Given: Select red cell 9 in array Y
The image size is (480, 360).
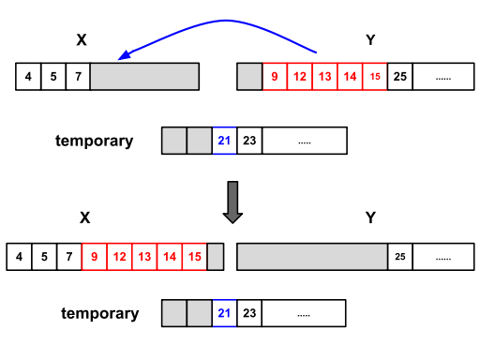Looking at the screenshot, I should (x=275, y=76).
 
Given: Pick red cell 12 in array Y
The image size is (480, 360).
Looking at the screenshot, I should (x=299, y=76).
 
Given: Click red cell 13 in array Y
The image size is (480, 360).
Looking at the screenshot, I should (x=324, y=76).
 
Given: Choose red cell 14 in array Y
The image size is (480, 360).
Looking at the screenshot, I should (x=350, y=76).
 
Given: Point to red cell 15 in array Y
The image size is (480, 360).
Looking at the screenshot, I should (x=375, y=76).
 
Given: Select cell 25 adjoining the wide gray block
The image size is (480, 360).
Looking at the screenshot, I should (x=400, y=257).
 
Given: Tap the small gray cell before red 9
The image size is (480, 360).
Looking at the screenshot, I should (x=249, y=76).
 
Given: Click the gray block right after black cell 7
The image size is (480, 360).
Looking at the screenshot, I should (x=144, y=76).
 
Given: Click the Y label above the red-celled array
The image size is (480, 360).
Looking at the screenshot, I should (x=369, y=39).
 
